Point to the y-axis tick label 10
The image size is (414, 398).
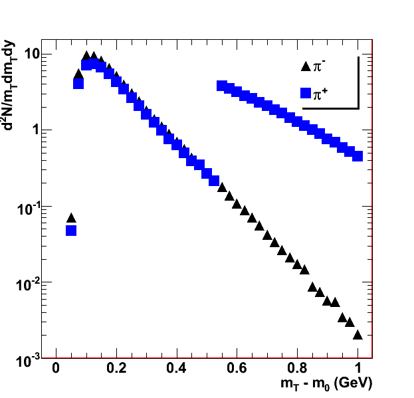click(x=31, y=54)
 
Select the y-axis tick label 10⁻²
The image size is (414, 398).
click(x=29, y=283)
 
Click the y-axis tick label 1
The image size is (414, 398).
click(x=37, y=130)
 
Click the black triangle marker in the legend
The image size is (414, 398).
click(x=306, y=66)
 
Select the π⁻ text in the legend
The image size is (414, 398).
click(x=320, y=66)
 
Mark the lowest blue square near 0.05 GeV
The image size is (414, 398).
click(x=71, y=231)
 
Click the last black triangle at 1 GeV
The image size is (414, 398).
click(x=358, y=335)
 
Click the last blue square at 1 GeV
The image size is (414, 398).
click(x=358, y=156)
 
